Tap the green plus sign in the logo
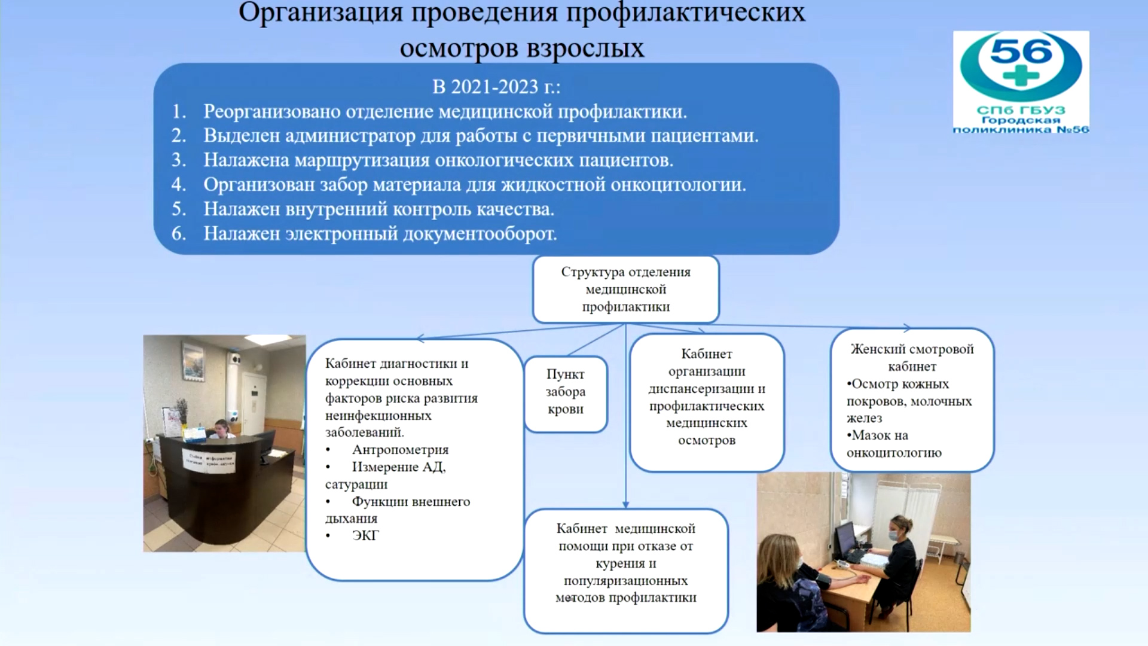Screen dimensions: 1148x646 (1021, 77)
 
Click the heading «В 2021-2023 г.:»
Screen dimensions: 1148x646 (496, 87)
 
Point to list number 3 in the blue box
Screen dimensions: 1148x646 (179, 160)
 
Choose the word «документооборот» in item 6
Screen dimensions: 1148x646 (480, 233)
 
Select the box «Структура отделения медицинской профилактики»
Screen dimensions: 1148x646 (625, 290)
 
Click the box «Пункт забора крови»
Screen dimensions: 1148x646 (566, 394)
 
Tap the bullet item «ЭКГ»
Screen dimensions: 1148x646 (365, 536)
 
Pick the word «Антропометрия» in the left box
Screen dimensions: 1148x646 (400, 450)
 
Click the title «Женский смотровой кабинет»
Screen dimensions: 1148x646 (912, 358)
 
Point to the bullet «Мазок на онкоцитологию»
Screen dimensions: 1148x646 (894, 444)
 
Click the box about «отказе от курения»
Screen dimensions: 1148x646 (626, 571)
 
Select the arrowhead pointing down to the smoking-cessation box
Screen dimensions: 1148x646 (626, 504)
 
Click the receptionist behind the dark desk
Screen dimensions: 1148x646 (221, 429)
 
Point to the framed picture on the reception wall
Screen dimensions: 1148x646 (194, 362)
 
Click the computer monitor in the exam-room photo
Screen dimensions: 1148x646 (844, 541)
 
